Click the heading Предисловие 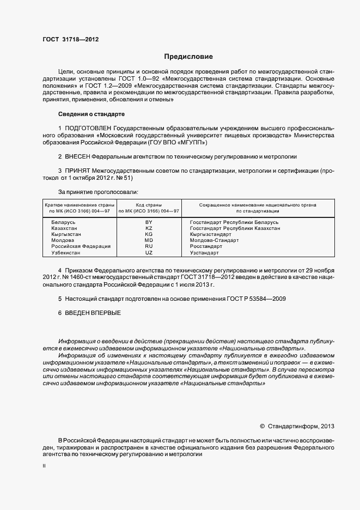[189, 56]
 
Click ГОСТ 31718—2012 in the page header [70, 39]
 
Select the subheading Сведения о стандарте [91, 114]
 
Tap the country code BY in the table [149, 223]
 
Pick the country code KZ [149, 229]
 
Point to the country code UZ [149, 253]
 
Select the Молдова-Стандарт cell [214, 241]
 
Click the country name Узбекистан [66, 253]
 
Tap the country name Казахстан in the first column [64, 229]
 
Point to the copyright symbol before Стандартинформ [263, 426]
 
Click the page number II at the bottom [44, 467]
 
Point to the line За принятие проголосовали [98, 192]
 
